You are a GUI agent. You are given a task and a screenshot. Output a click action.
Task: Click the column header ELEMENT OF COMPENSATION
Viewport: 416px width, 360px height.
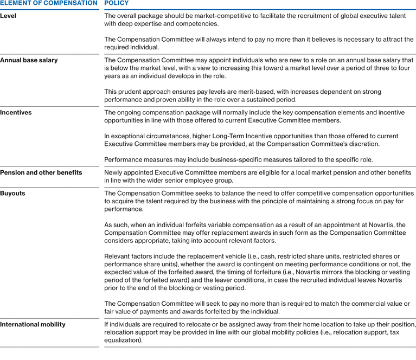[49, 3]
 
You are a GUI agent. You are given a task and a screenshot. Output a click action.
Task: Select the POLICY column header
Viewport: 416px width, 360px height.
[117, 3]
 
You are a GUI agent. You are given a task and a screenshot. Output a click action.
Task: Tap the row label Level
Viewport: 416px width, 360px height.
[8, 16]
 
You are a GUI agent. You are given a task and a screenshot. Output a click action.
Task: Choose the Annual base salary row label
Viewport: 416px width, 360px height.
[29, 60]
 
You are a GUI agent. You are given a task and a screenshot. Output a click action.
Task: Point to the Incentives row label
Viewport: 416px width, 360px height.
[16, 113]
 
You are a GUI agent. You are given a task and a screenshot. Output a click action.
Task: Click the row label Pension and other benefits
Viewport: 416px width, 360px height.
[41, 172]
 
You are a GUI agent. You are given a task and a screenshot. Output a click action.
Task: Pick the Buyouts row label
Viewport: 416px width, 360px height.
[12, 194]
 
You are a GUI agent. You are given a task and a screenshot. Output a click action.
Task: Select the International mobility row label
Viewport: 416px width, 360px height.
[33, 324]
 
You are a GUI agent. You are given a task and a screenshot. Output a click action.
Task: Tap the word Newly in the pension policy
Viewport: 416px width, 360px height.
[114, 172]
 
